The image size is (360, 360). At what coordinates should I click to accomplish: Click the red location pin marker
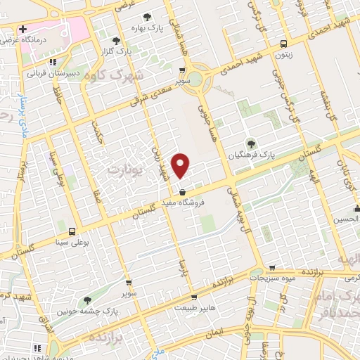click(181, 165)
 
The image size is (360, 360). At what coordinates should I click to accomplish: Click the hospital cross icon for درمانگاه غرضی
click(23, 30)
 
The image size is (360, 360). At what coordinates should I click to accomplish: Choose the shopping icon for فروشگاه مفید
click(183, 191)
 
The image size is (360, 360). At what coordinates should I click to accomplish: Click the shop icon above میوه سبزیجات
click(271, 268)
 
